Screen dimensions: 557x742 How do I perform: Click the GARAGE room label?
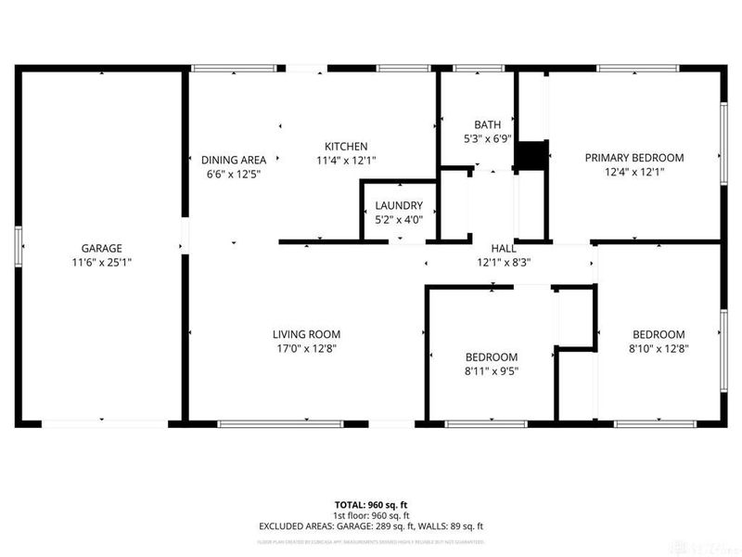[x=102, y=249]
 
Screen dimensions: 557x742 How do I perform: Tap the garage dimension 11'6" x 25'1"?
[x=102, y=263]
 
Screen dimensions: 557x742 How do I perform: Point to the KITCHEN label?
[x=346, y=147]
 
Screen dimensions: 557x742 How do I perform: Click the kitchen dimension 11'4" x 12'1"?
[x=346, y=161]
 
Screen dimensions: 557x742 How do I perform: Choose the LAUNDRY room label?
[x=399, y=206]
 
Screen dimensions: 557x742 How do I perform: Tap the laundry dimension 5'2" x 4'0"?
[x=399, y=220]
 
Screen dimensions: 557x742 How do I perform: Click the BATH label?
[x=487, y=125]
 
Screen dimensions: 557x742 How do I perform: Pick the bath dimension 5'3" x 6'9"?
[x=487, y=139]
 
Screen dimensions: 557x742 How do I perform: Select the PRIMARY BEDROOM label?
[x=633, y=158]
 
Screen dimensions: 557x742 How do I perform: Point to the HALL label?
[x=504, y=249]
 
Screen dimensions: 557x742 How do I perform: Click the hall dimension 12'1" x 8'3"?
[x=504, y=263]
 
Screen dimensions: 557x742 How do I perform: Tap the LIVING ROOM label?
[x=306, y=334]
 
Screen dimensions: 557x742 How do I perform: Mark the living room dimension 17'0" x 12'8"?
[x=306, y=349]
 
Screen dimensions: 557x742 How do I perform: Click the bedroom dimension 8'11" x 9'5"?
[x=492, y=371]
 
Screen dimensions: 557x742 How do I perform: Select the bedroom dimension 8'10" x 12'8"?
[x=659, y=349]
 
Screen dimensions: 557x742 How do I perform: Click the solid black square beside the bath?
[x=531, y=156]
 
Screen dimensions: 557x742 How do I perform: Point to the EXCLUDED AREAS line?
[x=371, y=526]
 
